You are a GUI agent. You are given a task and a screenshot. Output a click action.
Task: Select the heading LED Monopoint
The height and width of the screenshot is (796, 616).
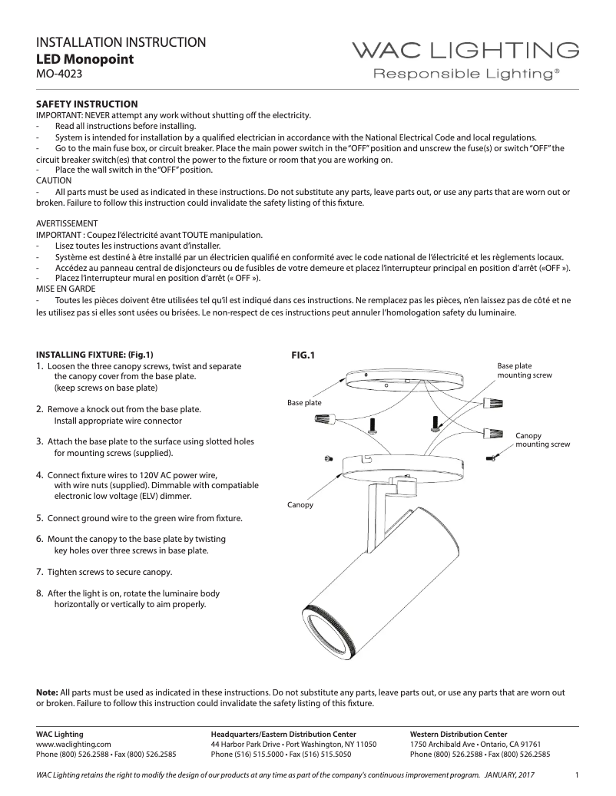(85, 58)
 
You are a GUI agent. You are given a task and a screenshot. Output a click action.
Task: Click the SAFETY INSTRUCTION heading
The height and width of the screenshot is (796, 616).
(88, 104)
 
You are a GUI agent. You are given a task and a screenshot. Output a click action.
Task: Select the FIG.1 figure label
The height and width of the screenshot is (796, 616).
(303, 355)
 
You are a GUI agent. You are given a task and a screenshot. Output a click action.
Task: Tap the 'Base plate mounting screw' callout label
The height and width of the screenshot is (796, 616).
(525, 371)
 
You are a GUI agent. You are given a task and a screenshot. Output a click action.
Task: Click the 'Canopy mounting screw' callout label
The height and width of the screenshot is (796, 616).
(542, 440)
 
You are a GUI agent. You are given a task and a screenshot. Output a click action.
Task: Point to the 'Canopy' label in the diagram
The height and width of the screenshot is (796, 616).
(300, 504)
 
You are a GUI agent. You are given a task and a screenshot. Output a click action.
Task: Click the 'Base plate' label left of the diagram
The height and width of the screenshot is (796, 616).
(304, 402)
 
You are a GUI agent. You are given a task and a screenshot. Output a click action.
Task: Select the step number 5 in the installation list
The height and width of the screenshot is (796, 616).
(40, 518)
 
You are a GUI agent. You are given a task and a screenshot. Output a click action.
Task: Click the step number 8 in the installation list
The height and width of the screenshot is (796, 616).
(40, 593)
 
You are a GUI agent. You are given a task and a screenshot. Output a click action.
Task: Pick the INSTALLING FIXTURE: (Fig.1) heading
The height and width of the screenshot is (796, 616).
(95, 355)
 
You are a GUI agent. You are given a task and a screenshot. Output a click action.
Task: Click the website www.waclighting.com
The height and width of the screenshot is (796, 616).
(74, 744)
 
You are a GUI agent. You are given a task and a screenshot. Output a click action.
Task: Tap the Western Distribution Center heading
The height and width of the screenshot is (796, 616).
(459, 735)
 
